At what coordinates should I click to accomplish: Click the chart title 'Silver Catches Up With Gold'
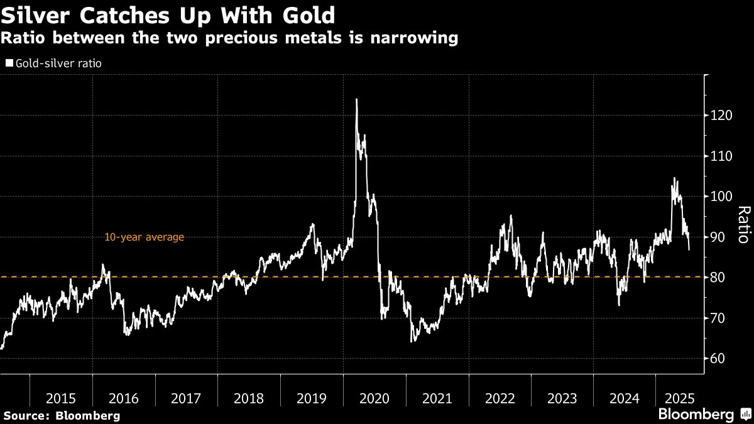click(168, 14)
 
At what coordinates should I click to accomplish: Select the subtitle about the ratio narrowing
click(229, 38)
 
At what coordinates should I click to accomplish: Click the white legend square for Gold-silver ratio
click(9, 63)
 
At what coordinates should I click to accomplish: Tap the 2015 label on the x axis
click(61, 398)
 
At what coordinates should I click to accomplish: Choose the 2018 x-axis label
click(249, 398)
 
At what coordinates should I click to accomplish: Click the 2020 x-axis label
click(374, 398)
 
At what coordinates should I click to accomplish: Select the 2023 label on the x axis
click(562, 398)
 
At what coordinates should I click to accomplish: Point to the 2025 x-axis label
click(679, 398)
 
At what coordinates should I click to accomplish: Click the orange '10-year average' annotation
click(144, 237)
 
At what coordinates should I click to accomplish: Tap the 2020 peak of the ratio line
click(357, 99)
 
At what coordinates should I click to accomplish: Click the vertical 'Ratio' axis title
click(743, 224)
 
